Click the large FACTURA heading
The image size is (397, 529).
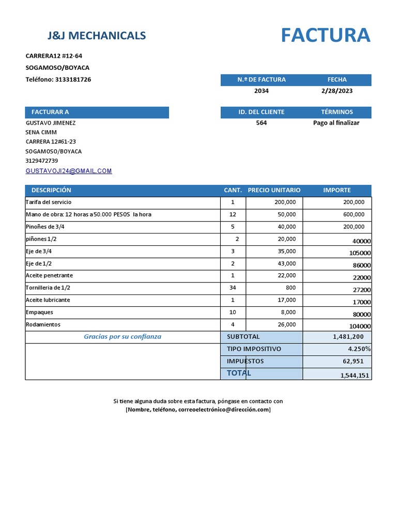326,36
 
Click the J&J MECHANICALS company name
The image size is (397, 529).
97,36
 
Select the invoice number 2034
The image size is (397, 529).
262,91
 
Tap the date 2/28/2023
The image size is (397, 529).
337,91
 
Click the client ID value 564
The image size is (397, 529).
262,123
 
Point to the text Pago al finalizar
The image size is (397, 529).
336,123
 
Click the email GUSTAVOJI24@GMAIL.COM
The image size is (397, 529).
69,171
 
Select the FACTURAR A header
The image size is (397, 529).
50,112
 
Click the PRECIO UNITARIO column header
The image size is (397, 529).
274,190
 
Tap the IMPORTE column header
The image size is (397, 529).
337,190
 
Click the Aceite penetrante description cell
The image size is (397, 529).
50,275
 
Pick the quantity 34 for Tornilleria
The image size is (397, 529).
233,288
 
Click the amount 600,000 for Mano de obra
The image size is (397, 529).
354,214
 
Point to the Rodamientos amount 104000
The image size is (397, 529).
360,326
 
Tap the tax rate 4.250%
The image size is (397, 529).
359,349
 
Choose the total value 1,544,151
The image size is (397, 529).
355,376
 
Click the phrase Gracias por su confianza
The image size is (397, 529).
123,337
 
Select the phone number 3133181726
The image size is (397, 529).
73,80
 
